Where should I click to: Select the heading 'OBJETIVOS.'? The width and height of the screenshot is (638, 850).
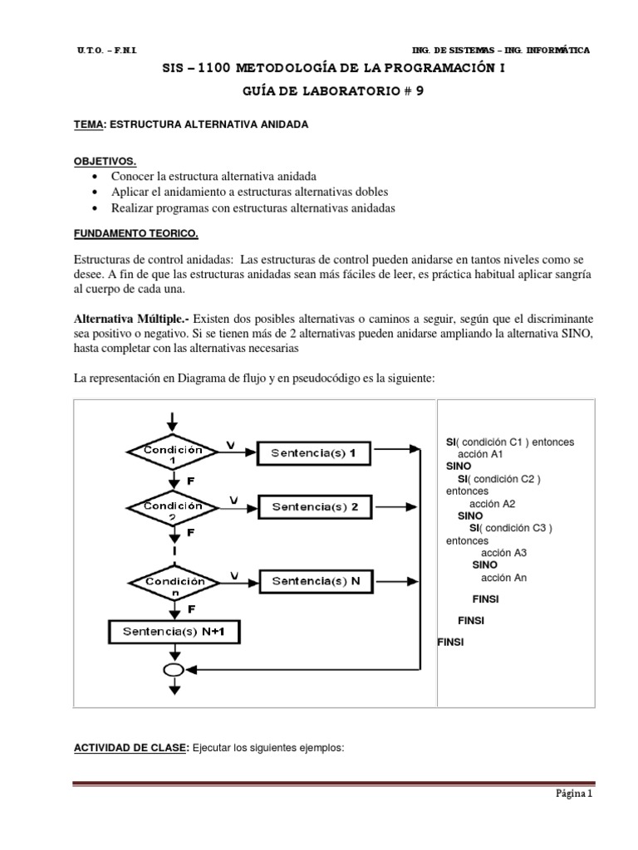pos(106,161)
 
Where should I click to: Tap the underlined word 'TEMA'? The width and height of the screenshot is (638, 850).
pos(89,124)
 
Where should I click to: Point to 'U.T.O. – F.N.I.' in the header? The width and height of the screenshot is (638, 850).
pos(106,51)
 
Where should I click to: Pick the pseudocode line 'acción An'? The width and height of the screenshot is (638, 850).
pos(504,578)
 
